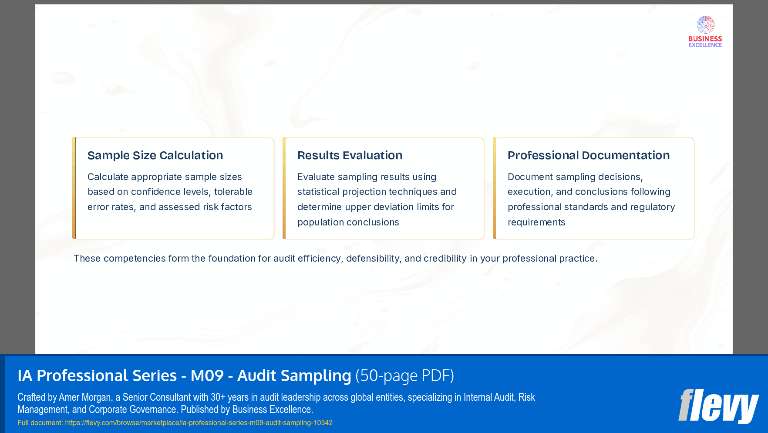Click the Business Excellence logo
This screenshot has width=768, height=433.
click(705, 31)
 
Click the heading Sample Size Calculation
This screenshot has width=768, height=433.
click(155, 155)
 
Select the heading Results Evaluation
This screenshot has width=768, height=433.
click(350, 155)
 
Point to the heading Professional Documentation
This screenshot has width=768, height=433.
click(588, 155)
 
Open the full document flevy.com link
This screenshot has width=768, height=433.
click(199, 423)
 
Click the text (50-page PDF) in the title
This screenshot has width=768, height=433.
click(404, 375)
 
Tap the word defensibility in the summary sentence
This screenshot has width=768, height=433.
click(372, 259)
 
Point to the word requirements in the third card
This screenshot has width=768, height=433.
click(536, 222)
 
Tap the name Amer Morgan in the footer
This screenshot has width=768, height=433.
click(85, 397)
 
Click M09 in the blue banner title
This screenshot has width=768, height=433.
click(207, 375)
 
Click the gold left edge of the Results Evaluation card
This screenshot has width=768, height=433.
click(284, 188)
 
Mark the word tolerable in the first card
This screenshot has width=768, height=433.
click(233, 192)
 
